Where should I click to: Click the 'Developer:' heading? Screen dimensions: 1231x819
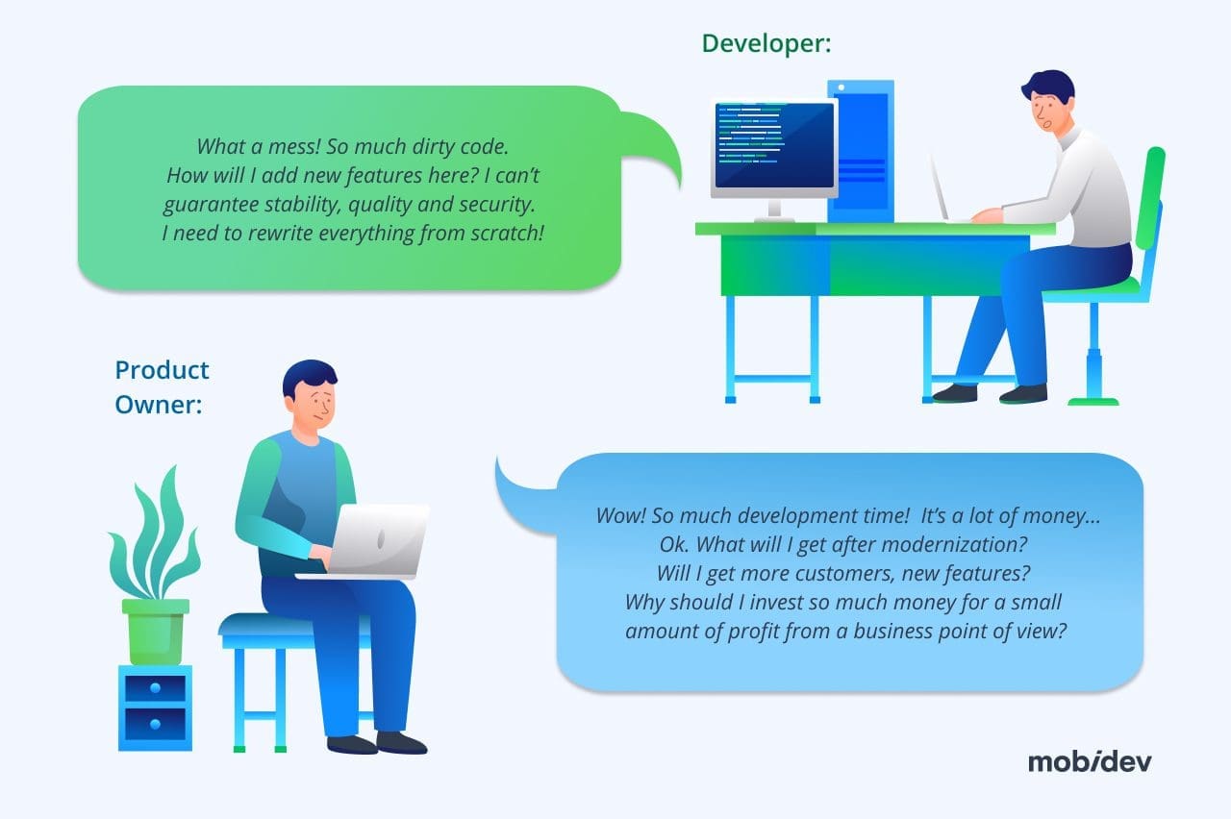[x=766, y=43]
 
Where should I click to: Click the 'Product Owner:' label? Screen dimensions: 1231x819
[x=162, y=387]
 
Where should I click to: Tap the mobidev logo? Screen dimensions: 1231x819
[x=1090, y=762]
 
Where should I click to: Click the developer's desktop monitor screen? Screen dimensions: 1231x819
[x=774, y=145]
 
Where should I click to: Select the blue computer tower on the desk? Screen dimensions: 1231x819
[x=861, y=151]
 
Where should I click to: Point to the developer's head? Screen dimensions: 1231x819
[x=1048, y=101]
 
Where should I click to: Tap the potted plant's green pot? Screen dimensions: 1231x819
[x=156, y=632]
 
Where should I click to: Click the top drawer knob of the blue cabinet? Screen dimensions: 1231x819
[x=155, y=687]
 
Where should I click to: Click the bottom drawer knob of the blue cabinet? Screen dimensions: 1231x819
[x=155, y=725]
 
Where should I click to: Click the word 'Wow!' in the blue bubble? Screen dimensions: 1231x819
[x=621, y=516]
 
